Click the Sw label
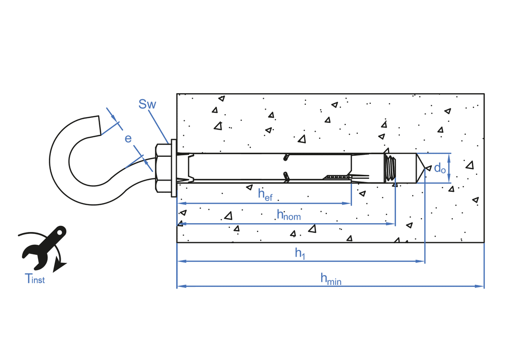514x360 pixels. [x=147, y=104]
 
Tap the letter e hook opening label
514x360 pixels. [x=128, y=138]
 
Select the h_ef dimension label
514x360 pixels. [x=265, y=194]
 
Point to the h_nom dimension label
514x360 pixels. [x=288, y=215]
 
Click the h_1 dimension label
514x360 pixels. [x=300, y=253]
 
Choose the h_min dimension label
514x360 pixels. [x=331, y=279]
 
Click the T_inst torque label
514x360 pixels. [x=35, y=279]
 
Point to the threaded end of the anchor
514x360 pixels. [x=391, y=168]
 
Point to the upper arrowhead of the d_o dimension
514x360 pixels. [x=449, y=156]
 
